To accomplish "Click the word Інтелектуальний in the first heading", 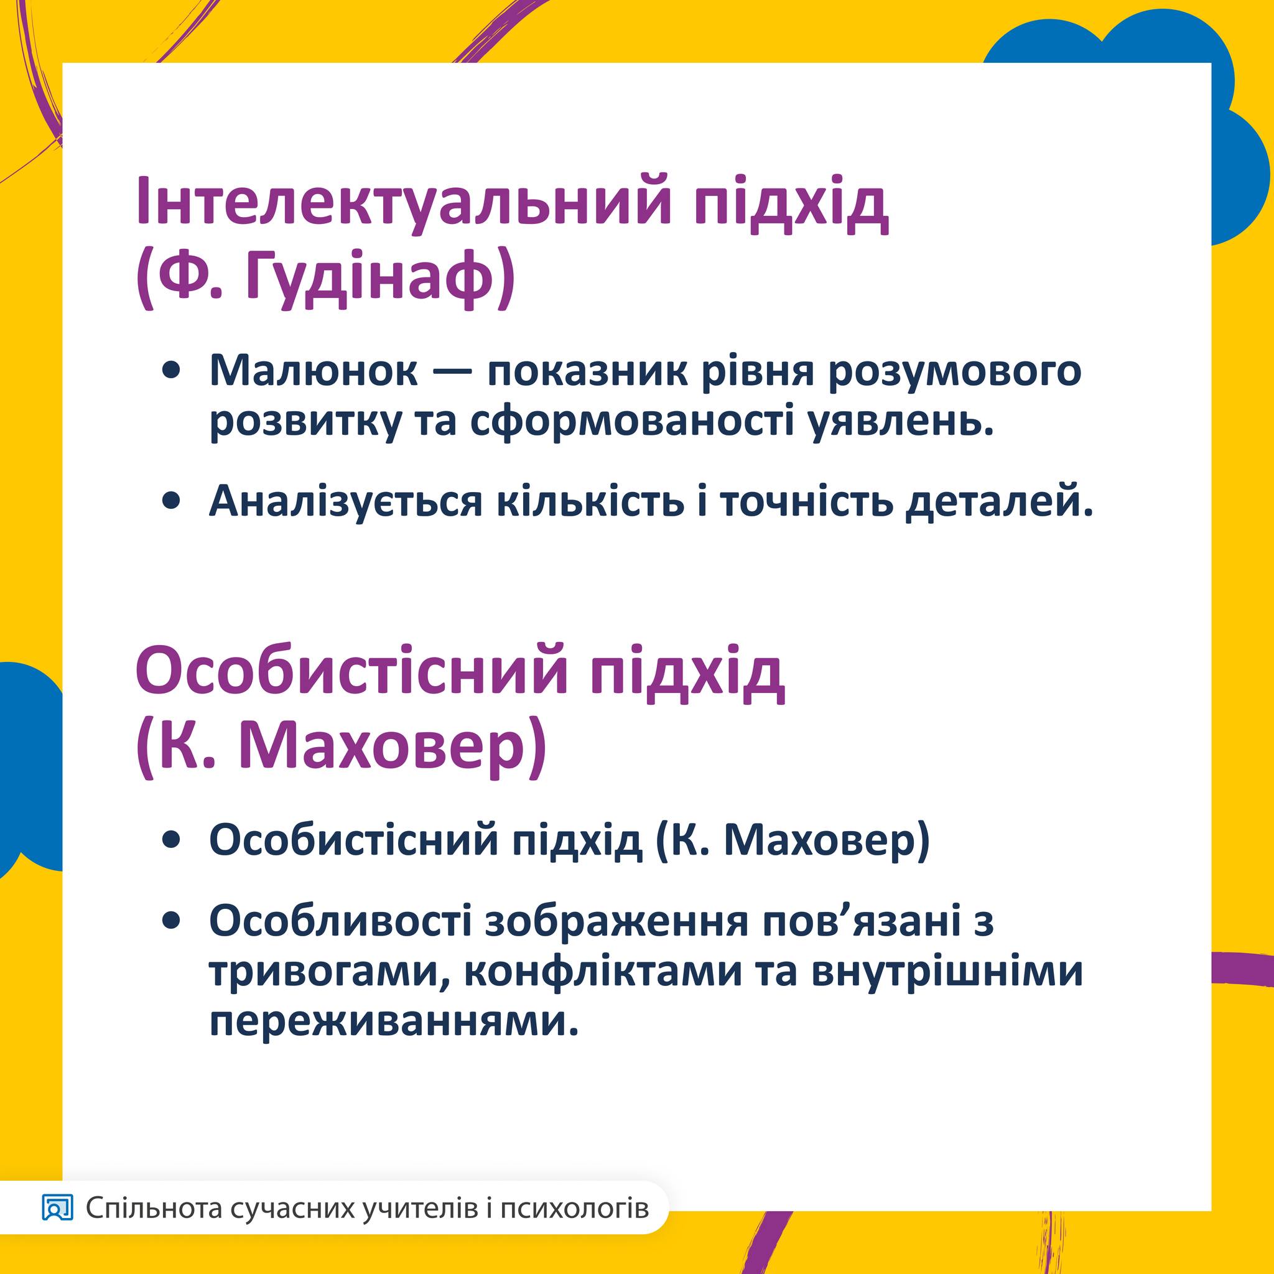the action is tap(403, 201).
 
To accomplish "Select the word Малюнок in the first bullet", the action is tap(314, 371).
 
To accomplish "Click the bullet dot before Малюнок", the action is tap(172, 372).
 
